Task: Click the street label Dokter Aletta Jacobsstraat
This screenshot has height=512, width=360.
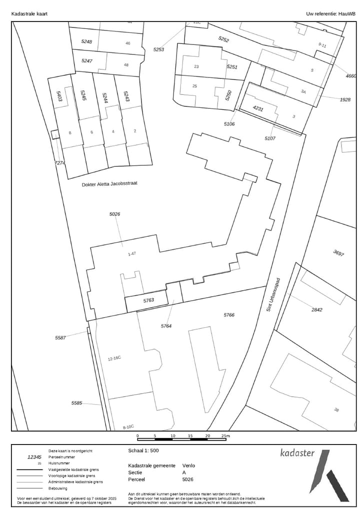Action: pyautogui.click(x=109, y=184)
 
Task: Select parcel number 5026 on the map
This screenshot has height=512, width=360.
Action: pyautogui.click(x=114, y=214)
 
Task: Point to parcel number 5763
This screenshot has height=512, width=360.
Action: pyautogui.click(x=148, y=301)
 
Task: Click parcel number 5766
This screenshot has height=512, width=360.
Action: pyautogui.click(x=229, y=315)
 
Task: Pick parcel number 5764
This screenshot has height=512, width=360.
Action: pyautogui.click(x=166, y=326)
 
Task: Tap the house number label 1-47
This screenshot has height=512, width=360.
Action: pyautogui.click(x=132, y=254)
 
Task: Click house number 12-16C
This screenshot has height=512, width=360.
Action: pyautogui.click(x=114, y=359)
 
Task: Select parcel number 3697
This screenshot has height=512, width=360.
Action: pyautogui.click(x=338, y=253)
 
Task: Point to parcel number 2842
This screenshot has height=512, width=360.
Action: pyautogui.click(x=317, y=310)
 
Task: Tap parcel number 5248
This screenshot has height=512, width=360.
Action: pyautogui.click(x=86, y=41)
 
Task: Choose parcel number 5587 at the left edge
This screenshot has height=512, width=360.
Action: pyautogui.click(x=60, y=338)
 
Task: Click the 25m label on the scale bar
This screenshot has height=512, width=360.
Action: pyautogui.click(x=225, y=436)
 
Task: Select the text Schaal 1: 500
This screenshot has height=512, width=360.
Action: pyautogui.click(x=144, y=450)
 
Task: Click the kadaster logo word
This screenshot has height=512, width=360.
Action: pyautogui.click(x=297, y=453)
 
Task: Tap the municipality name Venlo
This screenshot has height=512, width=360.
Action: pyautogui.click(x=188, y=465)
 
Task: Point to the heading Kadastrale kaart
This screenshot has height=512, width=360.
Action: pyautogui.click(x=29, y=14)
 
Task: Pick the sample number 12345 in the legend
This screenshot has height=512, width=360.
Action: pyautogui.click(x=34, y=457)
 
